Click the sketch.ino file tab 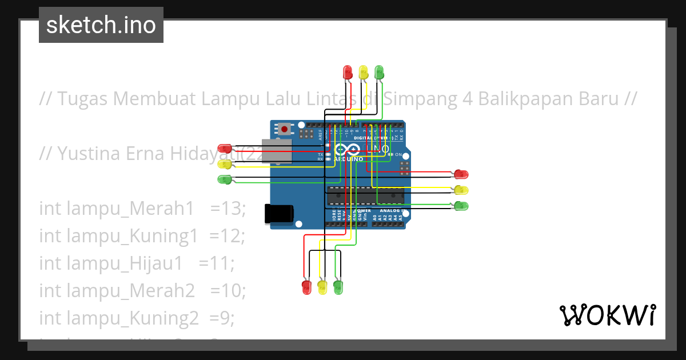101,25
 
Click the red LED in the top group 348,72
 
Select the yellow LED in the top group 363,72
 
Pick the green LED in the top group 378,72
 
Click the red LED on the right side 461,174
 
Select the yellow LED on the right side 461,190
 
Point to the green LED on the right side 461,206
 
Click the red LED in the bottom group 306,286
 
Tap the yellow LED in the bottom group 322,286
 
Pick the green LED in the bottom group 338,286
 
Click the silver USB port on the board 277,151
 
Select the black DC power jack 279,214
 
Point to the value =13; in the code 228,209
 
